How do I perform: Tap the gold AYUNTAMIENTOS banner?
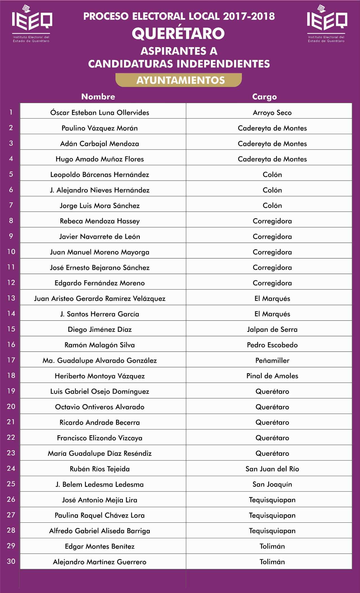[179, 80]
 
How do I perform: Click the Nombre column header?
[98, 97]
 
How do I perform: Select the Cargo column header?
[264, 97]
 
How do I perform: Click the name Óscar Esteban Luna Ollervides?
[100, 113]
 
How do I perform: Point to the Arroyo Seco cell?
[272, 113]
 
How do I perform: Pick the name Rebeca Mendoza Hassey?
[100, 221]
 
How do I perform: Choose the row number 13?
[11, 298]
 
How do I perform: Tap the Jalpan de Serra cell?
[272, 329]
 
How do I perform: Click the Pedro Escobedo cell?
[272, 345]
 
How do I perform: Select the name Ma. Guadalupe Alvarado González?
[100, 360]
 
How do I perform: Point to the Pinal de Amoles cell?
[272, 376]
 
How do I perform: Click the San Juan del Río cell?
[272, 469]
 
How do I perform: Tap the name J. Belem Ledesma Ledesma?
[100, 484]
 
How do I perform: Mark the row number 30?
[11, 561]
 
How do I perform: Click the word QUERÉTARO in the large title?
[178, 33]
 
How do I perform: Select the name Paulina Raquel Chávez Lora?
[100, 515]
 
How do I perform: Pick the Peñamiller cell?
[272, 360]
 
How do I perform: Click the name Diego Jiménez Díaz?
[100, 329]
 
